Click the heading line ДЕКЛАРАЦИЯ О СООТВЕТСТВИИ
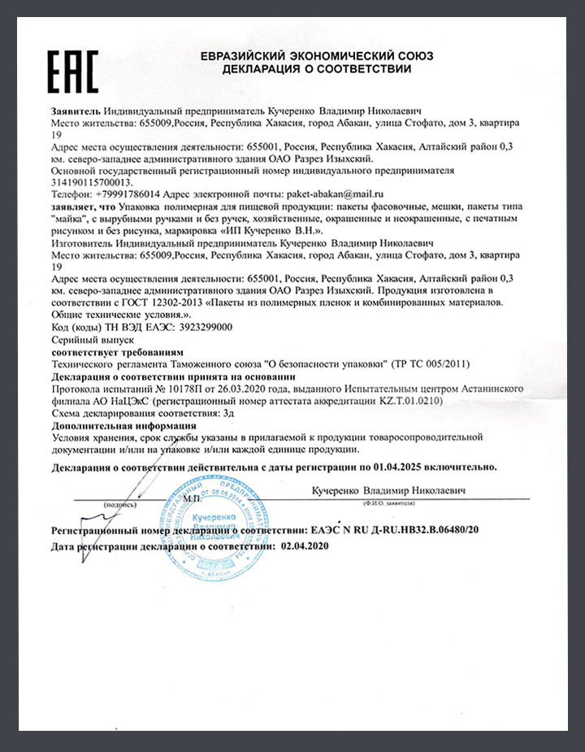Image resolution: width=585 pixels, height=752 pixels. pos(317,69)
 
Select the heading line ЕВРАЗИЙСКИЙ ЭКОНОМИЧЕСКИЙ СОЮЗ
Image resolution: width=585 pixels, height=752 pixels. pos(317,55)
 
